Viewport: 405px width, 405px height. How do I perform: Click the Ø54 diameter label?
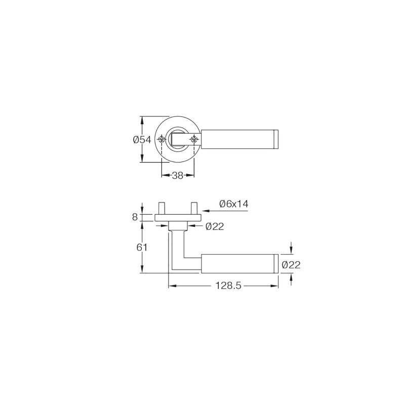(142, 140)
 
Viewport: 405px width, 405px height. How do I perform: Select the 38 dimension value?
(178, 176)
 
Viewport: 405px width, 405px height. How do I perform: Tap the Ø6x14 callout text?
(234, 204)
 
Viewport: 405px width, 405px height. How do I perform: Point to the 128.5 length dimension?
(228, 286)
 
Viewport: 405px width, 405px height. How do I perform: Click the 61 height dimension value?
(142, 248)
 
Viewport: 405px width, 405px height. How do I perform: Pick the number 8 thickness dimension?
(135, 217)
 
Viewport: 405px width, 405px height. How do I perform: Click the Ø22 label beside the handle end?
(291, 265)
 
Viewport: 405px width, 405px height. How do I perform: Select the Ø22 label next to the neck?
(215, 226)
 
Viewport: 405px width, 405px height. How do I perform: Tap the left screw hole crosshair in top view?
(161, 140)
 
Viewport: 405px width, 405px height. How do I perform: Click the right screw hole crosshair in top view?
(194, 140)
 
